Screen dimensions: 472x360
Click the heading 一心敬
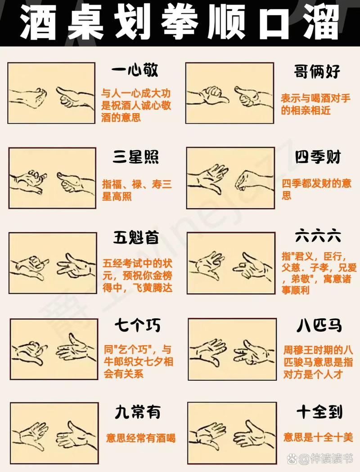pyautogui.click(x=135, y=71)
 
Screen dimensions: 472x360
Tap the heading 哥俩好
pyautogui.click(x=317, y=71)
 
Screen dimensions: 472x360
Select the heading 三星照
pyautogui.click(x=135, y=157)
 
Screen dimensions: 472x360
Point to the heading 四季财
pyautogui.click(x=318, y=158)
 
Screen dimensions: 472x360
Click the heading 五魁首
pyautogui.click(x=135, y=237)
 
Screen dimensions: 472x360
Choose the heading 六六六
pyautogui.click(x=318, y=236)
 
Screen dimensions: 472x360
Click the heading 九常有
pyautogui.click(x=137, y=411)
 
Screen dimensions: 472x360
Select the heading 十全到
pyautogui.click(x=319, y=411)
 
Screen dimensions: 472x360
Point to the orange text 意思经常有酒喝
pyautogui.click(x=141, y=438)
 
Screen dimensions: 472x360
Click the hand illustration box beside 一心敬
pyautogui.click(x=51, y=93)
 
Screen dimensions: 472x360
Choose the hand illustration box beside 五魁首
pyautogui.click(x=53, y=263)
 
